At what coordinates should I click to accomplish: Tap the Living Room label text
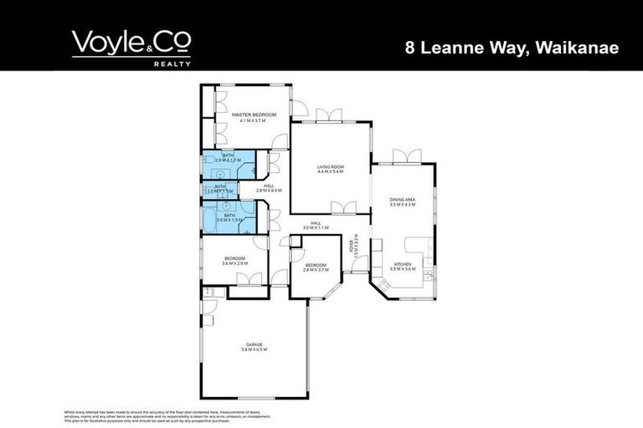point(331,167)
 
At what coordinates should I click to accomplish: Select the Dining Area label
point(403,199)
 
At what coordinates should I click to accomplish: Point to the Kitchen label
point(403,264)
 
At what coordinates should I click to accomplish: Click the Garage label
point(254,344)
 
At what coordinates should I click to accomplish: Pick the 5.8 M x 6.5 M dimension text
point(254,349)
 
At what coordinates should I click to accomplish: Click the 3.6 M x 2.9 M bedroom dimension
point(234,263)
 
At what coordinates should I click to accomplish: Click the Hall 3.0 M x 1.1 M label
point(316,225)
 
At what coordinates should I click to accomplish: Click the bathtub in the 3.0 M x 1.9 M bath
point(209,219)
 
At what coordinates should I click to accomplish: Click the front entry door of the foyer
point(359,273)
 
